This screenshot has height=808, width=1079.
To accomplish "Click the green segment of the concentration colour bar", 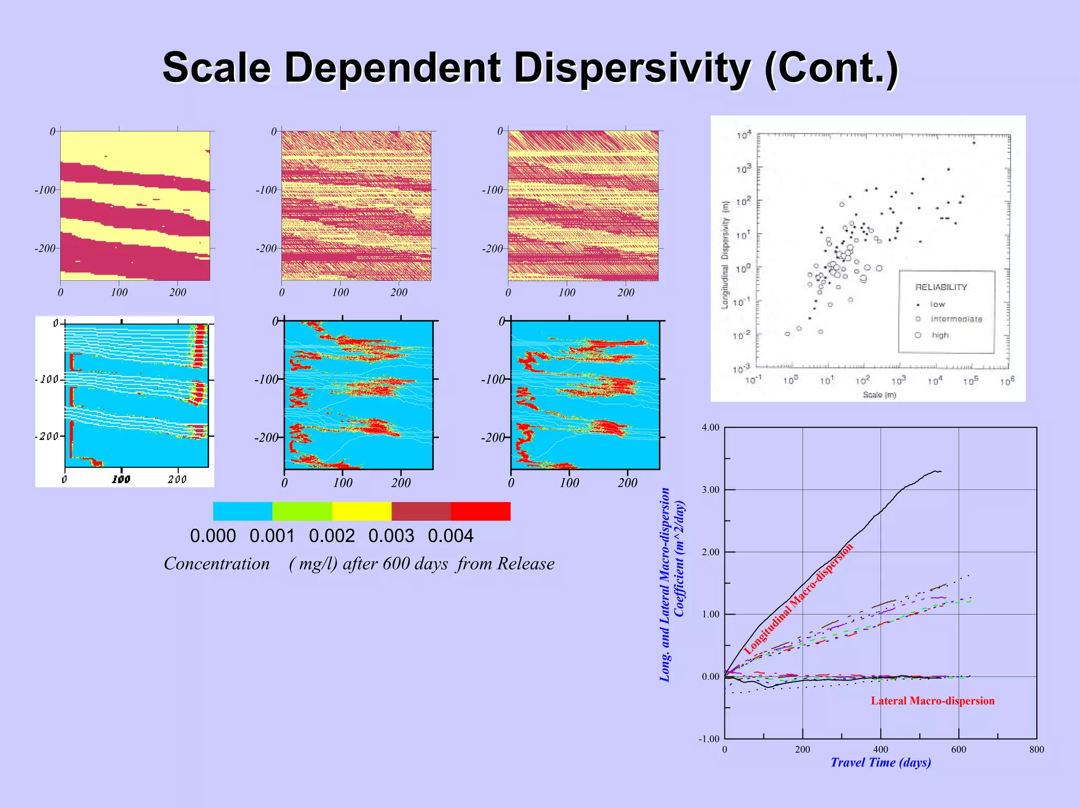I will (x=302, y=511).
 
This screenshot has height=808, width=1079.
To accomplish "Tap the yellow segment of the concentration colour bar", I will (x=362, y=511).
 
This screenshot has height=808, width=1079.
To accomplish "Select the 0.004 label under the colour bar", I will (x=450, y=536).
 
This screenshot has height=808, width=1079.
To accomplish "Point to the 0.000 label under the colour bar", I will (x=213, y=536).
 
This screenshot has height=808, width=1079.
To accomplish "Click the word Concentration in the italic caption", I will (x=217, y=564).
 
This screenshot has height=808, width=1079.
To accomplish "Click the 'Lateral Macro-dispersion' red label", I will (x=933, y=701).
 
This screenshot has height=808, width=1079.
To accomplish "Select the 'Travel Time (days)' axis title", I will (x=880, y=762).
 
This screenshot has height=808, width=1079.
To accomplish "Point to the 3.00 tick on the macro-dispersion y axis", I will (x=710, y=490).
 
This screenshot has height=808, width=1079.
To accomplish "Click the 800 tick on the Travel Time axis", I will (x=1036, y=750).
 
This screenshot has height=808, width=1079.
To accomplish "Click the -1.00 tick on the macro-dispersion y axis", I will (x=709, y=739).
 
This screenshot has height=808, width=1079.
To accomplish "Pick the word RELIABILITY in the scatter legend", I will (x=941, y=287).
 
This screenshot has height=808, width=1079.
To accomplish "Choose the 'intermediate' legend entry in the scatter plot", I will (x=956, y=319).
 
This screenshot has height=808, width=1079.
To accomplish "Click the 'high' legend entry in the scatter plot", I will (x=939, y=335).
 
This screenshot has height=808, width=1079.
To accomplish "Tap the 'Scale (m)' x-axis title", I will (x=879, y=395).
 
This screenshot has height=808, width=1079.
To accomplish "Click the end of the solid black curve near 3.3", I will (x=941, y=471).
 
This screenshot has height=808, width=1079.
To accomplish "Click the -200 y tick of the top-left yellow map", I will (x=45, y=248).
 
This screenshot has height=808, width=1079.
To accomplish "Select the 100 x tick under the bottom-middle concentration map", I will (x=343, y=482).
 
